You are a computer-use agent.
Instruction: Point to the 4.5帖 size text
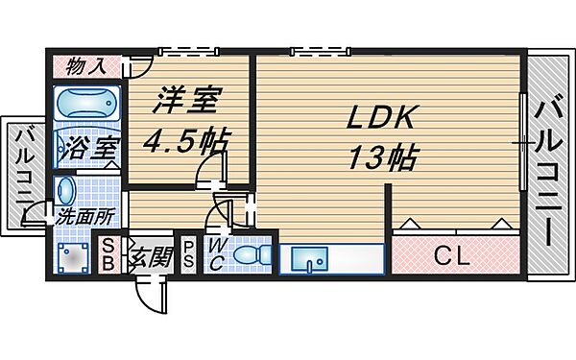pyautogui.click(x=185, y=140)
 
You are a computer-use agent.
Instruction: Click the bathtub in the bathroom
pyautogui.click(x=85, y=104)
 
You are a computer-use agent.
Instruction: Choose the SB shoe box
pyautogui.click(x=109, y=255)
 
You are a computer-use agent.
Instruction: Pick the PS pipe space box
pyautogui.click(x=190, y=255)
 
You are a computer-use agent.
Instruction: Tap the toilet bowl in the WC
pyautogui.click(x=252, y=256)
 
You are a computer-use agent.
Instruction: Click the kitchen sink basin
pyautogui.click(x=309, y=257)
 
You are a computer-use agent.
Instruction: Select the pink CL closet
pyautogui.click(x=455, y=257)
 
